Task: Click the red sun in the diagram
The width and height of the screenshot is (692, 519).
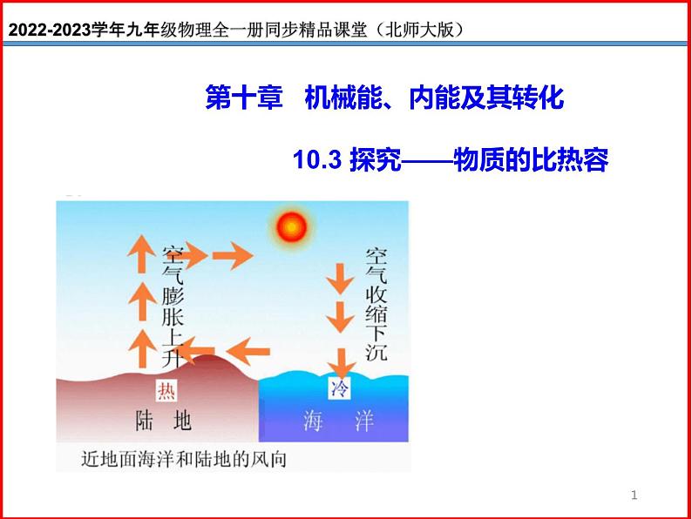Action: (293, 227)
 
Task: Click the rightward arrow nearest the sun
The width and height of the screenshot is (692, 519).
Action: (233, 256)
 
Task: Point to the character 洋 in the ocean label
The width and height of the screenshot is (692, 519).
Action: (365, 421)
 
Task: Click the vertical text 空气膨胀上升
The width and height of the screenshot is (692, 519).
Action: (172, 305)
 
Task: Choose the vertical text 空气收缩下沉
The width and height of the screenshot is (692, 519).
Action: (377, 305)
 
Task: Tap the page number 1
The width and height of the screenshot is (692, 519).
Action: (634, 495)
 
